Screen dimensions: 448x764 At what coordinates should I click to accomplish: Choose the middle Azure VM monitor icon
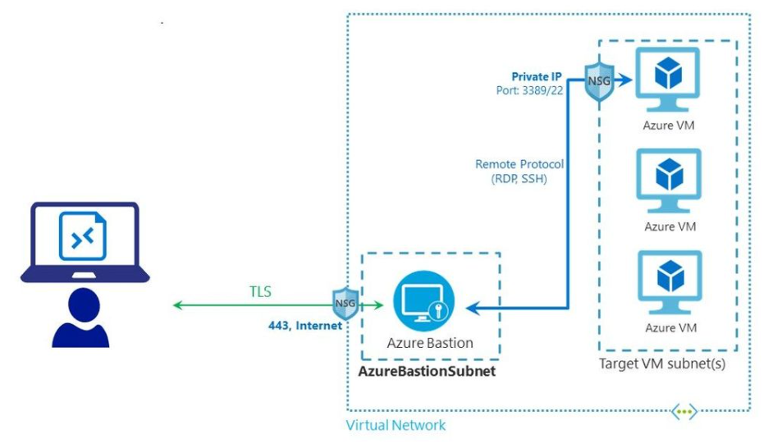669,179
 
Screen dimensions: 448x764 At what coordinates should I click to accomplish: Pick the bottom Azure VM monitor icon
669,280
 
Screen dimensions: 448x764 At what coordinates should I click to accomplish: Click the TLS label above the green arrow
261,290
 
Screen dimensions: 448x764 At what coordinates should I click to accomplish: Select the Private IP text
538,75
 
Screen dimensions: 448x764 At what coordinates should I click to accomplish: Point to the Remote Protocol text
519,164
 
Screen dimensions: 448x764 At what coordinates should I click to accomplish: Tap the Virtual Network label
396,425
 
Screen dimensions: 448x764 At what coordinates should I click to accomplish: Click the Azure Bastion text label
430,342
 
